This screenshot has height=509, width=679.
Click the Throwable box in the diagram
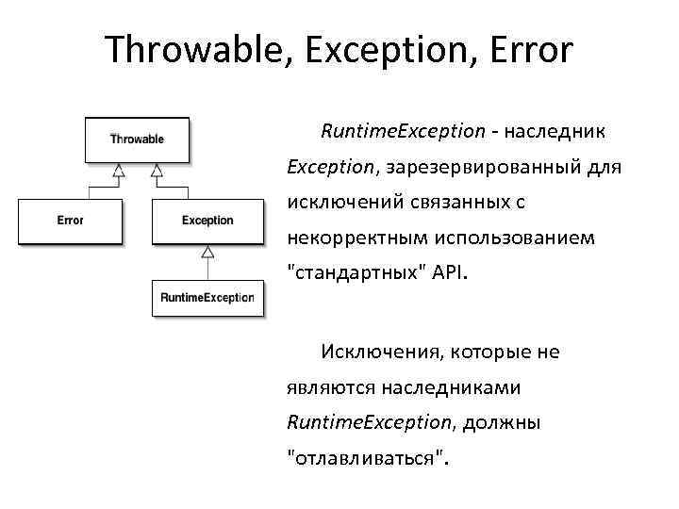(137, 140)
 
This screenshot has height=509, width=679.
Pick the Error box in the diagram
(70, 221)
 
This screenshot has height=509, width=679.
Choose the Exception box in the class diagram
(207, 221)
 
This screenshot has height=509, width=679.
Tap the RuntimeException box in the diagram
(207, 298)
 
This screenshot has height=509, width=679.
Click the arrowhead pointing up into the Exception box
(207, 252)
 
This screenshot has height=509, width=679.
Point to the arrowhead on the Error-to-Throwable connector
(118, 171)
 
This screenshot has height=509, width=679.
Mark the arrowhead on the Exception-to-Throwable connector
(157, 171)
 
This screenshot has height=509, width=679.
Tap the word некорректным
(356, 238)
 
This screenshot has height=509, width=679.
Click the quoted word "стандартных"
(356, 274)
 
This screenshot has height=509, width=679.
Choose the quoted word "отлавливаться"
(369, 459)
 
